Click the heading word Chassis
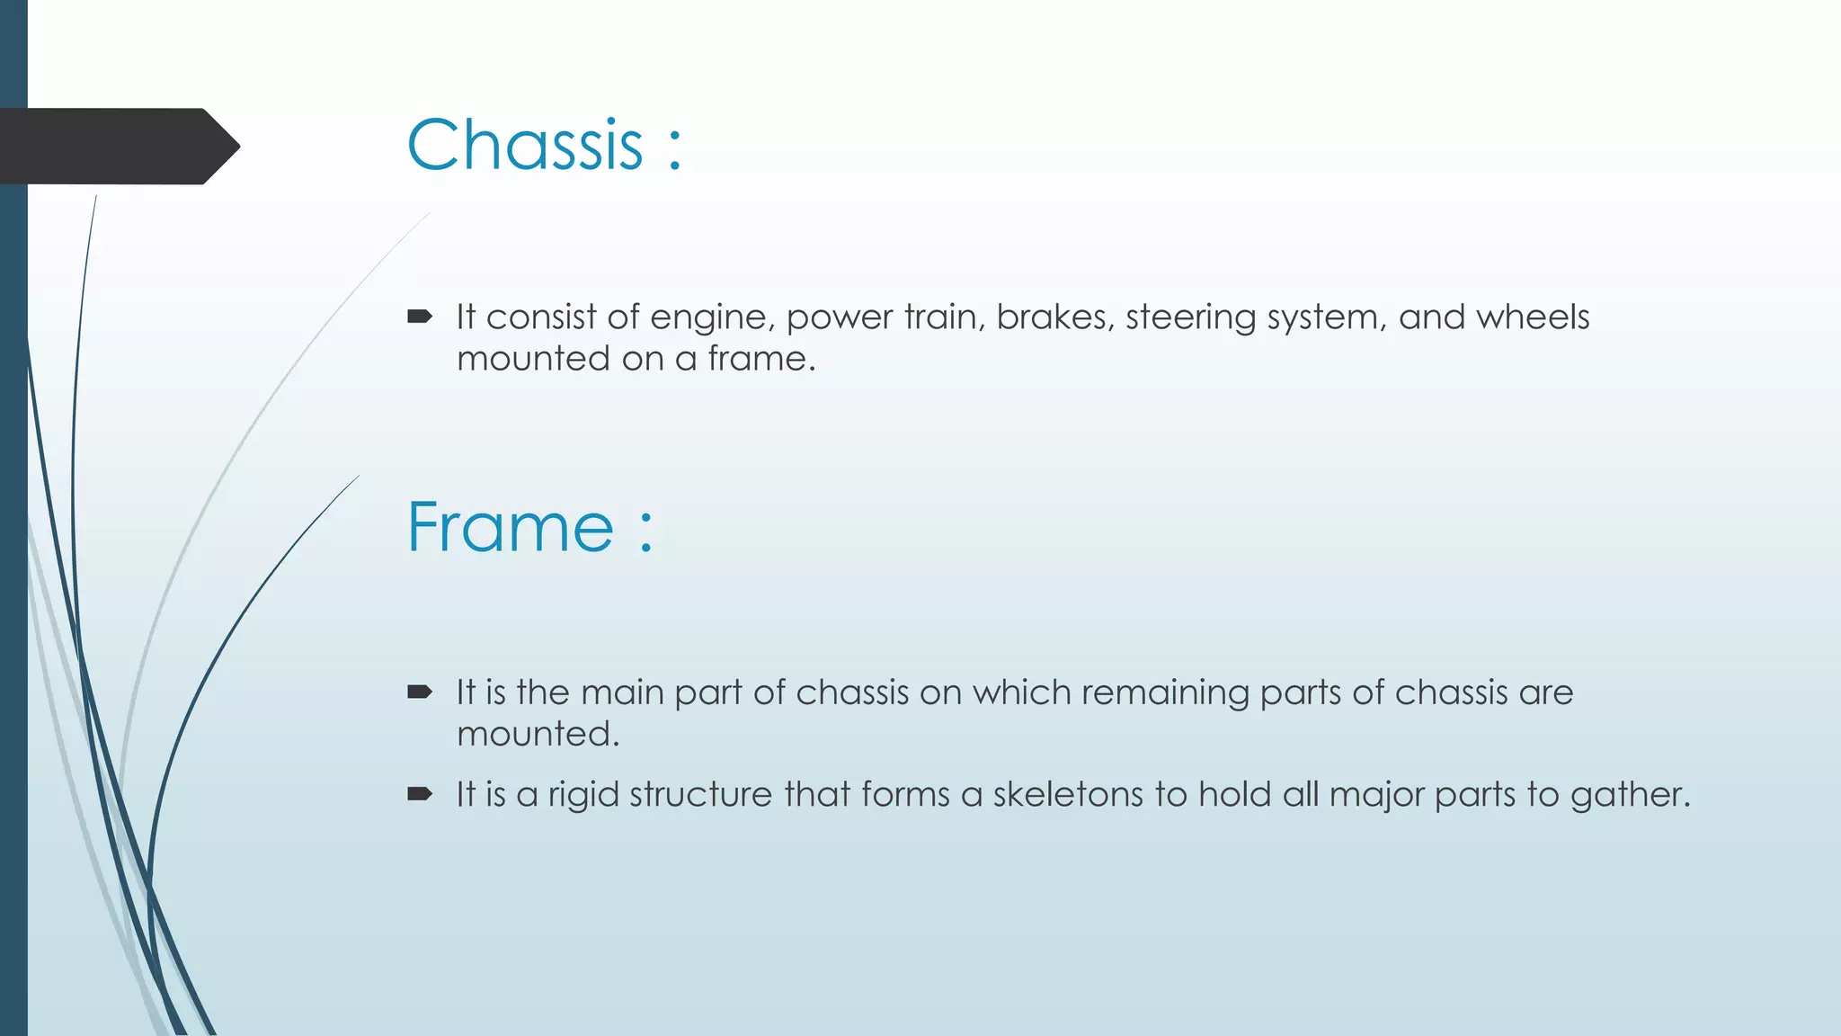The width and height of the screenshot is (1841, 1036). pyautogui.click(x=525, y=145)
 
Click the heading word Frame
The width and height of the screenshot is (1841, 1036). pyautogui.click(x=510, y=527)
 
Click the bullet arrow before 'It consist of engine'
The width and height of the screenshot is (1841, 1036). pyautogui.click(x=420, y=316)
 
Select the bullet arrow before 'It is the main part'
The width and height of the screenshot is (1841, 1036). pyautogui.click(x=420, y=692)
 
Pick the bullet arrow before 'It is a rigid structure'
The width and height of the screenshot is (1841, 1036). pyautogui.click(x=420, y=793)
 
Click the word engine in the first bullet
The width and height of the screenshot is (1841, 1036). pyautogui.click(x=707, y=318)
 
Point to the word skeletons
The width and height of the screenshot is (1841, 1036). pyautogui.click(x=1068, y=794)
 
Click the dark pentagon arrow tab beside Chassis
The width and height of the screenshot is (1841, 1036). pyautogui.click(x=117, y=147)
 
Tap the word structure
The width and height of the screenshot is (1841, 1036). pyautogui.click(x=701, y=794)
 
